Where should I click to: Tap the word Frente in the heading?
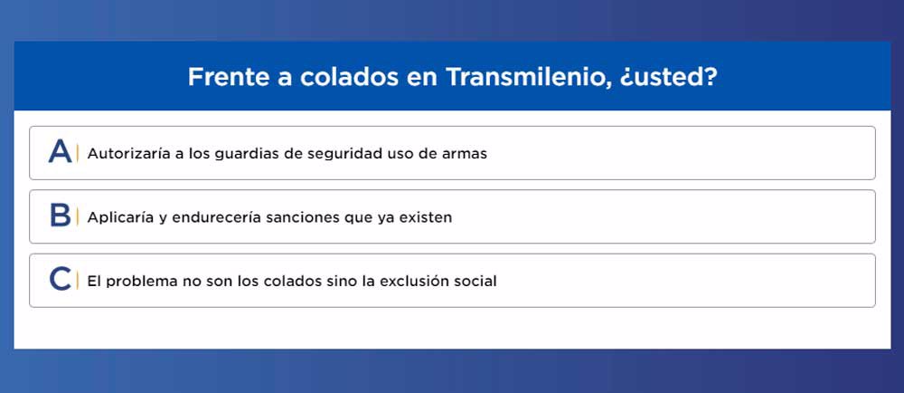coord(229,77)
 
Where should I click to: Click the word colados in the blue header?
coord(349,77)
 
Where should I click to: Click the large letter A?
coord(60,152)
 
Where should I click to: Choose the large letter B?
coord(60,216)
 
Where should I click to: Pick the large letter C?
coord(60,280)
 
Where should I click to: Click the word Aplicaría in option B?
coord(120,218)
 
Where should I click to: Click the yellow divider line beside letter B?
coord(77,216)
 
